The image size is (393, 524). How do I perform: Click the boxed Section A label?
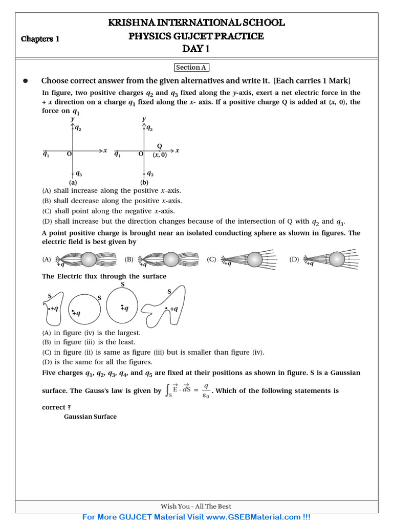(192, 68)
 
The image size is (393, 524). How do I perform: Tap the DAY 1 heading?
(196, 49)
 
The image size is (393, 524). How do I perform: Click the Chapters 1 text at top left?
(40, 39)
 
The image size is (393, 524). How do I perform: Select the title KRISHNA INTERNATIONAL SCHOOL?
(196, 23)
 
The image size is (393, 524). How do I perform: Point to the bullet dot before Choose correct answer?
(25, 81)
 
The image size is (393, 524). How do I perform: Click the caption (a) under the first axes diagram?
(73, 182)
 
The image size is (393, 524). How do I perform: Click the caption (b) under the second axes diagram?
(145, 182)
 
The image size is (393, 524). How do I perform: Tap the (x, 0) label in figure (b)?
(160, 155)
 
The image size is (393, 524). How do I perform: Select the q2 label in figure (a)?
(78, 128)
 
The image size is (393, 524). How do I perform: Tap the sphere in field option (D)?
(337, 259)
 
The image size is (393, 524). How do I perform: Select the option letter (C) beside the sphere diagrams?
(211, 259)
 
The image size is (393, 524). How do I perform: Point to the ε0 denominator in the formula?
(205, 396)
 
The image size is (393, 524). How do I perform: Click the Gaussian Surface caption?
(90, 417)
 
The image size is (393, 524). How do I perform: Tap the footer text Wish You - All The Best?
(196, 507)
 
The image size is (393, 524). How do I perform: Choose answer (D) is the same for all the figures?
(97, 362)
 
